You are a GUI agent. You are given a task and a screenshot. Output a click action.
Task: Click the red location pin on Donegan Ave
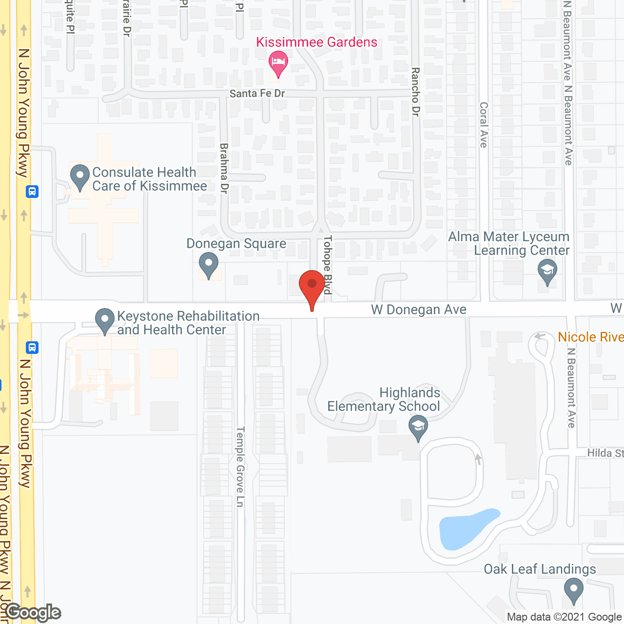(x=312, y=286)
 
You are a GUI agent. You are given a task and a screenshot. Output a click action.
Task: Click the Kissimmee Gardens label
(x=316, y=42)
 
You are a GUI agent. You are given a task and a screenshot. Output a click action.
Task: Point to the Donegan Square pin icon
(x=209, y=265)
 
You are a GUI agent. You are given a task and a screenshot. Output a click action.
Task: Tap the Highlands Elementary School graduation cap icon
(x=418, y=427)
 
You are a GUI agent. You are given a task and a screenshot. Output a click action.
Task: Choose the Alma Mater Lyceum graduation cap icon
(x=547, y=271)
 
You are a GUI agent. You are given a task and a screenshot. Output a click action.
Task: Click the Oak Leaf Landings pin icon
(x=573, y=589)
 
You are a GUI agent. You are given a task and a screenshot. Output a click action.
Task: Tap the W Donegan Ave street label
(x=419, y=310)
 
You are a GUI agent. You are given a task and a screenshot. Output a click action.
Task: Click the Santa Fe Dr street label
(x=257, y=93)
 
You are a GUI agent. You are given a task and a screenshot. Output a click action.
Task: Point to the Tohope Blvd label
(x=328, y=265)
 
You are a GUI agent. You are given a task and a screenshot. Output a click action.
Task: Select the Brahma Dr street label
(x=224, y=168)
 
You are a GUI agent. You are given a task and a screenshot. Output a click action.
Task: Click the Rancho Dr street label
(x=415, y=92)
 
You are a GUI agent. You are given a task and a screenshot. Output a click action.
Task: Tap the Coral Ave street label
(x=484, y=124)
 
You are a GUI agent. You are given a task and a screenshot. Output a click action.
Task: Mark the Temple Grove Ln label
(x=240, y=467)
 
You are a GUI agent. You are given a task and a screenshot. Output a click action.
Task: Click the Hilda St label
(x=605, y=453)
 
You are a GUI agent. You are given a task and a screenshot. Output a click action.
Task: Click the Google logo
(x=33, y=612)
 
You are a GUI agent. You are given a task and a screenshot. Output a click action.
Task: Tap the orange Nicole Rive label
(x=590, y=337)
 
